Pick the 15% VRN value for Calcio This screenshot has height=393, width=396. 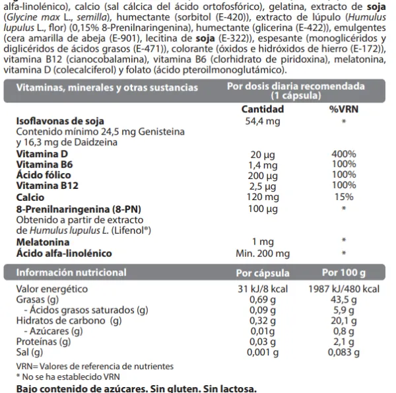tap(343, 197)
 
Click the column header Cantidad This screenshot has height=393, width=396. tap(263, 109)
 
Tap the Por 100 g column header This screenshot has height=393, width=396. tap(344, 272)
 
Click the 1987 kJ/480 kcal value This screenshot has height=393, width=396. tap(344, 289)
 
